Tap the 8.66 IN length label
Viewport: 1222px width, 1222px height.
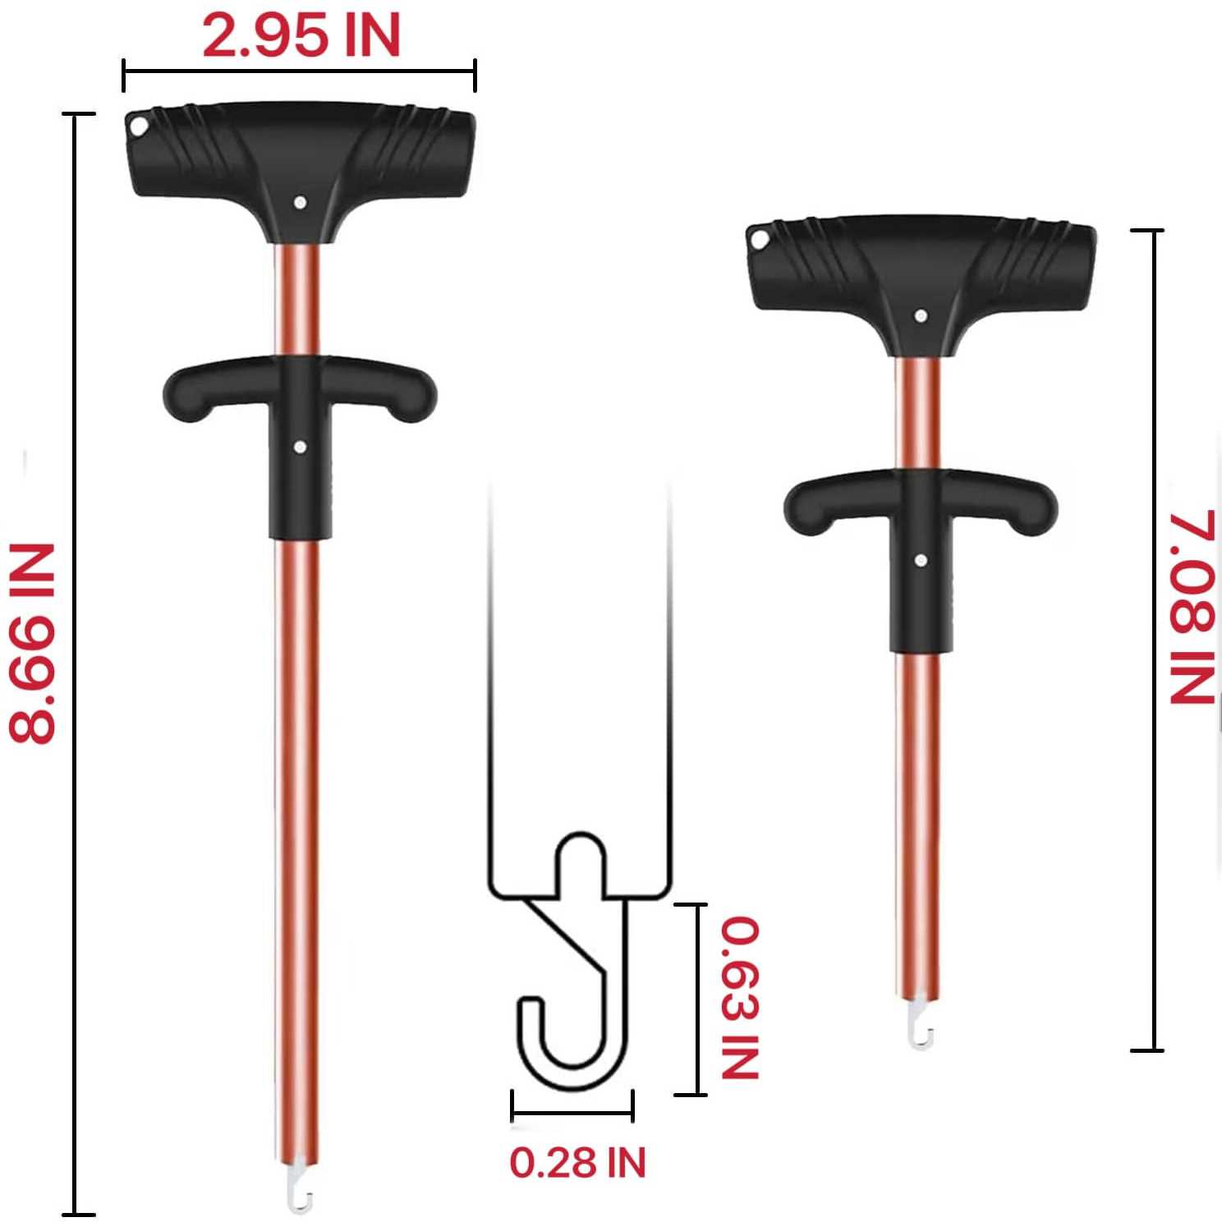coord(33,642)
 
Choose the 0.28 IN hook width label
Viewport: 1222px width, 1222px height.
coord(578,1162)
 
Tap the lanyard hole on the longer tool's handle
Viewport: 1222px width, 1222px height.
coord(137,127)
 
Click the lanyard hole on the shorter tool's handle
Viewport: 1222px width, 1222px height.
coord(759,241)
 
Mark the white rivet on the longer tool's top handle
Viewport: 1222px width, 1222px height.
coord(301,200)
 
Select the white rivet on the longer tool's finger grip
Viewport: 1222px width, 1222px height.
coord(300,447)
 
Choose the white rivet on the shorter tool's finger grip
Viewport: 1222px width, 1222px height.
coord(921,559)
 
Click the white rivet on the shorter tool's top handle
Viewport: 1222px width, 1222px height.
coord(921,315)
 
